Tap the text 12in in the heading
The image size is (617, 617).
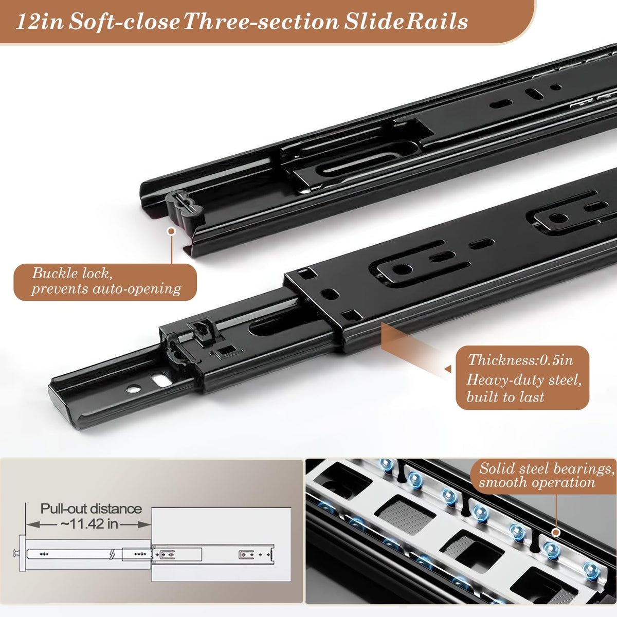[x=40, y=23]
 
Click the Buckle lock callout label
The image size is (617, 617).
[x=105, y=282]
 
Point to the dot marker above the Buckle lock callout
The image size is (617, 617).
[x=172, y=231]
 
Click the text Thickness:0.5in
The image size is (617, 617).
[x=521, y=360]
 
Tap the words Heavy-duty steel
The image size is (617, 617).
[x=524, y=380]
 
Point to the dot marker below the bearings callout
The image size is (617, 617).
[x=556, y=533]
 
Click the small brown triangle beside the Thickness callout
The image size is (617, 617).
[x=448, y=369]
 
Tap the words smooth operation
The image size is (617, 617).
[x=537, y=482]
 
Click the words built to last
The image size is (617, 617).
[x=505, y=397]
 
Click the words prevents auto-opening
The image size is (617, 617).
[x=106, y=289]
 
